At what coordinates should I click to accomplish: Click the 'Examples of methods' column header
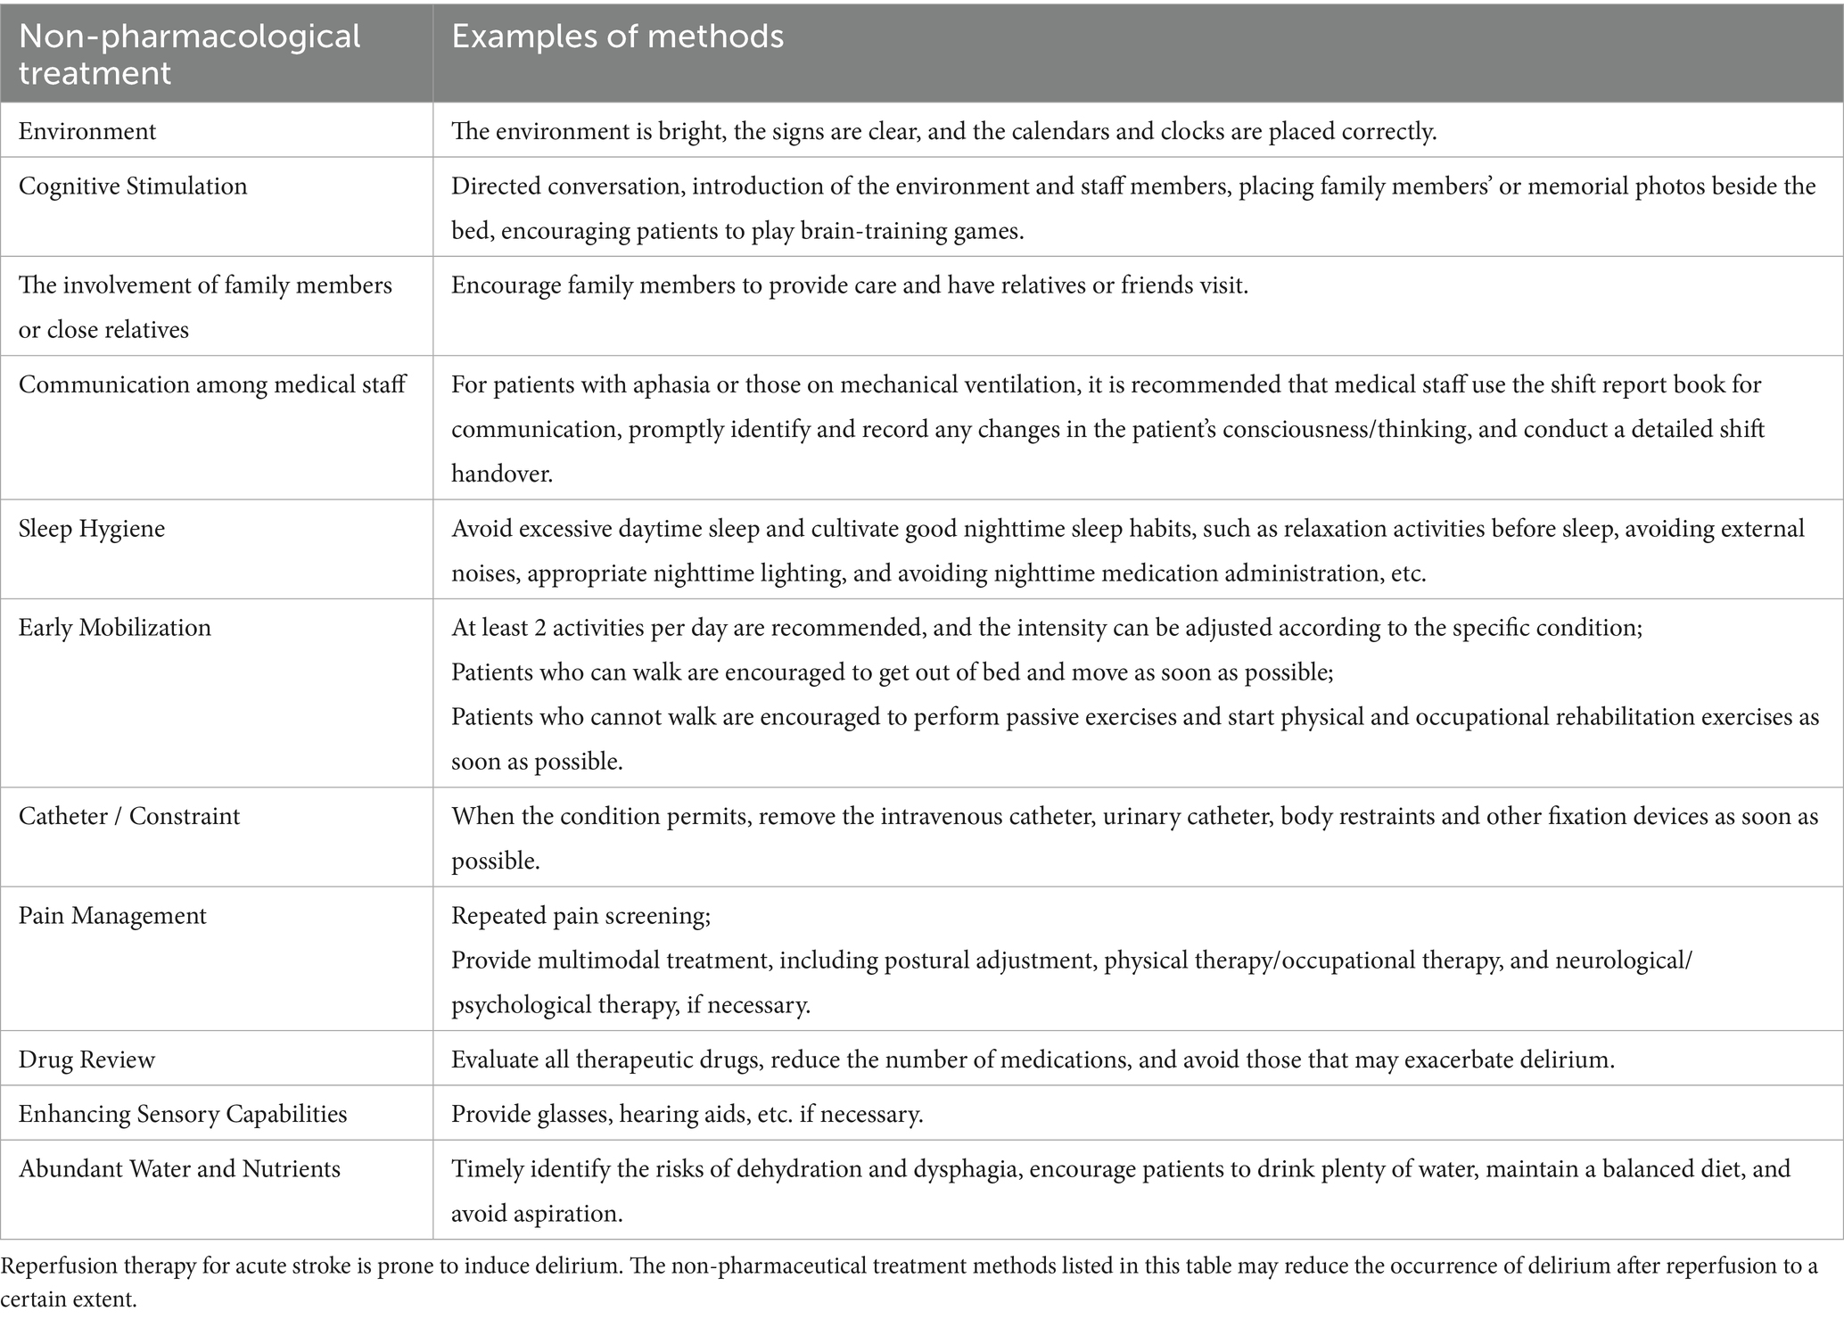point(617,37)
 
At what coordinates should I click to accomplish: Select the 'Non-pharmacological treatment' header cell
point(189,54)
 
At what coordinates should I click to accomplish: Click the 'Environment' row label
point(87,132)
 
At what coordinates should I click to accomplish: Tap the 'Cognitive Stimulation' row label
point(133,186)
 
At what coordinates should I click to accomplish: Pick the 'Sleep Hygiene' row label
point(92,529)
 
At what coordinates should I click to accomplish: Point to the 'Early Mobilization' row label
point(115,628)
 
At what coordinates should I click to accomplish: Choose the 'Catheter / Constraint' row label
point(129,817)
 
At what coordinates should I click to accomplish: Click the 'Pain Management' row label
point(112,916)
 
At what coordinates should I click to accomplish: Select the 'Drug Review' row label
point(86,1059)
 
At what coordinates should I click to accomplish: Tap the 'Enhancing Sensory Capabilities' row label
point(183,1114)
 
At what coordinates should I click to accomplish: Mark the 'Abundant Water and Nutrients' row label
point(179,1169)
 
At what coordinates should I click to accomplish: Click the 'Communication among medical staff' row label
point(212,384)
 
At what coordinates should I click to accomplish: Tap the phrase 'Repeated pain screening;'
point(580,916)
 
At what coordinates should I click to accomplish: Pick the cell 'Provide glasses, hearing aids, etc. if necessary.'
point(687,1114)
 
